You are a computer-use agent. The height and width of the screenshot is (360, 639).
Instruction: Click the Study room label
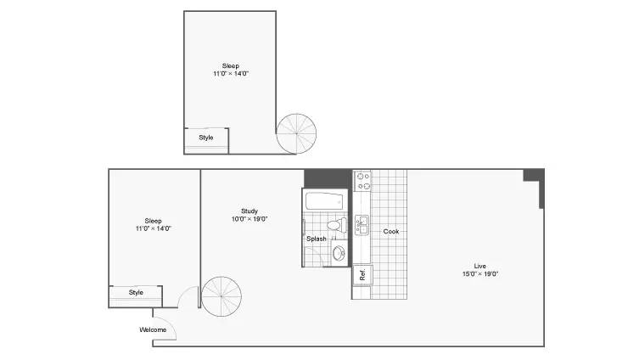pyautogui.click(x=249, y=211)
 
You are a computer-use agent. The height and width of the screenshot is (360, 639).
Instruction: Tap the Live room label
pyautogui.click(x=480, y=267)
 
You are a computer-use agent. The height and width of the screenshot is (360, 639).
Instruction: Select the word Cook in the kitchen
pyautogui.click(x=391, y=231)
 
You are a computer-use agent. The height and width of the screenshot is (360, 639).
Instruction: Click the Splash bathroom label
pyautogui.click(x=317, y=239)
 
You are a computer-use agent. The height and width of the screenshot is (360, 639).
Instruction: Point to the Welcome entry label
pyautogui.click(x=153, y=329)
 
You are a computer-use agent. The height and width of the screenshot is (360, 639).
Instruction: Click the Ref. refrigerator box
pyautogui.click(x=362, y=275)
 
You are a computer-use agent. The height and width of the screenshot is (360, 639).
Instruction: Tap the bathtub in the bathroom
pyautogui.click(x=324, y=201)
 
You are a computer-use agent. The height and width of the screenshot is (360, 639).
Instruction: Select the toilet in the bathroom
pyautogui.click(x=337, y=225)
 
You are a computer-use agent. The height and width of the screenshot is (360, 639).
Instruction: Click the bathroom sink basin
pyautogui.click(x=339, y=254)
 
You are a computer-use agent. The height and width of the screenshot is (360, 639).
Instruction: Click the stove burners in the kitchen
pyautogui.click(x=362, y=182)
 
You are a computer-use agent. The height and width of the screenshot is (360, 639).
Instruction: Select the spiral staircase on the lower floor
pyautogui.click(x=221, y=296)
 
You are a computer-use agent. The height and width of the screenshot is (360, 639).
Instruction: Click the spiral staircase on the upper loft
pyautogui.click(x=296, y=133)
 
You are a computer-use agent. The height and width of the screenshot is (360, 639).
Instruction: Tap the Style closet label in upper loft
pyautogui.click(x=206, y=138)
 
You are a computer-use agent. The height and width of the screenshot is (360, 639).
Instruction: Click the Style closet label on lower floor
pyautogui.click(x=136, y=292)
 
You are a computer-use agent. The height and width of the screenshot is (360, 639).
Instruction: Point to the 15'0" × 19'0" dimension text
pyautogui.click(x=480, y=274)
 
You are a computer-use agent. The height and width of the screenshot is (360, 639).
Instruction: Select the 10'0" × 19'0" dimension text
pyautogui.click(x=249, y=219)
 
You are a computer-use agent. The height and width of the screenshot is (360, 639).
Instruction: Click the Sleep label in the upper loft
pyautogui.click(x=231, y=65)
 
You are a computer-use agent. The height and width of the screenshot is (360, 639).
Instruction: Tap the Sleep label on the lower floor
pyautogui.click(x=154, y=221)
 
